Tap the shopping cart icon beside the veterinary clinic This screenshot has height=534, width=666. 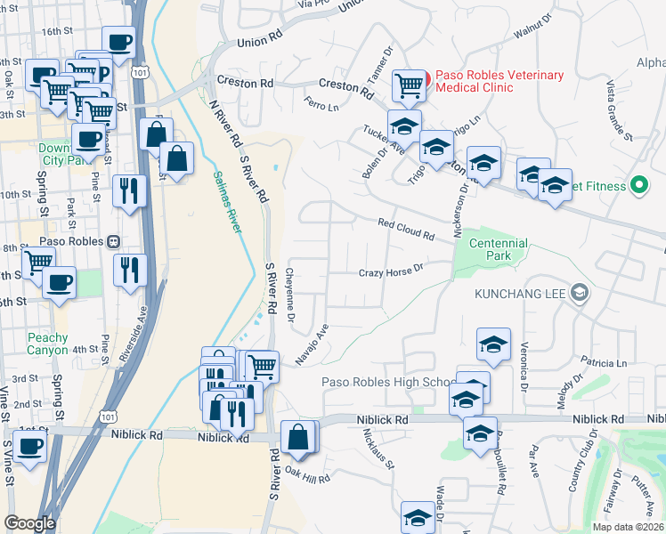click(408, 85)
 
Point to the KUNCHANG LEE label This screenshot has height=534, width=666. click(522, 293)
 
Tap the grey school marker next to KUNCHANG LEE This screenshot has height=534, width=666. click(580, 293)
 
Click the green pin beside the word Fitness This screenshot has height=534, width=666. click(638, 186)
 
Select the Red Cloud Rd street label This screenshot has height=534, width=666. click(405, 231)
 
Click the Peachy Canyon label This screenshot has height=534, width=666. click(47, 344)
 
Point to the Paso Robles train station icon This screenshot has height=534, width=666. click(113, 242)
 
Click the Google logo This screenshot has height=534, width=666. click(29, 523)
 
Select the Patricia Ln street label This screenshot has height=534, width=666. click(604, 363)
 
